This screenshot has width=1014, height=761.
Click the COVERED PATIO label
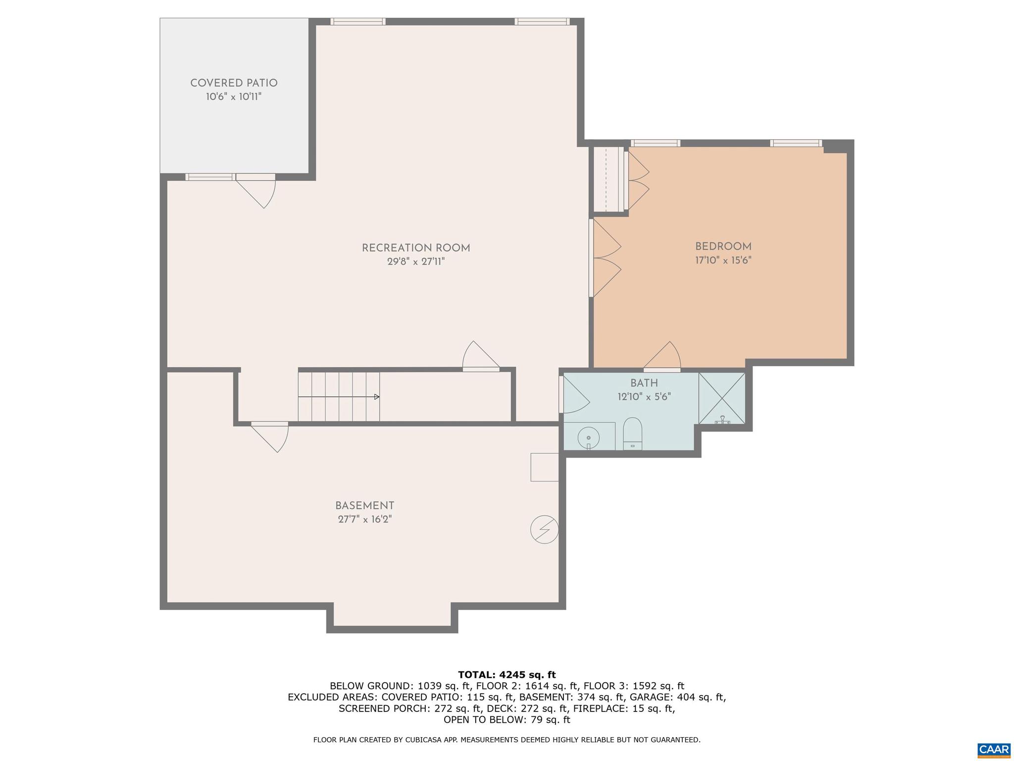[x=234, y=83]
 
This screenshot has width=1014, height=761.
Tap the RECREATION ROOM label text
[x=416, y=248]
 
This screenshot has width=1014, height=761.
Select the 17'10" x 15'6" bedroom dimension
[x=723, y=261]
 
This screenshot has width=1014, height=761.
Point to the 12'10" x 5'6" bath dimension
[x=644, y=397]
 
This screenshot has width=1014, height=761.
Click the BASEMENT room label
[x=364, y=506]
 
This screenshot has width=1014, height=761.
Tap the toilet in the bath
[x=632, y=433]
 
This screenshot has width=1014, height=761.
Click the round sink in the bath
[x=588, y=438]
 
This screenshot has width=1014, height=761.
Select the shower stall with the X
[x=721, y=398]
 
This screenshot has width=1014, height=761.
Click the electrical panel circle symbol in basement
[x=544, y=530]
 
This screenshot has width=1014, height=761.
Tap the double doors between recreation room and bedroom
[x=605, y=258]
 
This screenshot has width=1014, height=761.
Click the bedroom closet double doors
[x=638, y=180]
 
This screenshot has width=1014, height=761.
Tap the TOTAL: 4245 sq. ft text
[x=507, y=674]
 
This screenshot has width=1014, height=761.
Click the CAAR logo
[x=994, y=748]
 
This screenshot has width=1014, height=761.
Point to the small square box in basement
[x=544, y=467]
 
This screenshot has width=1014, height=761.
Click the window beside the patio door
[x=210, y=177]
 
